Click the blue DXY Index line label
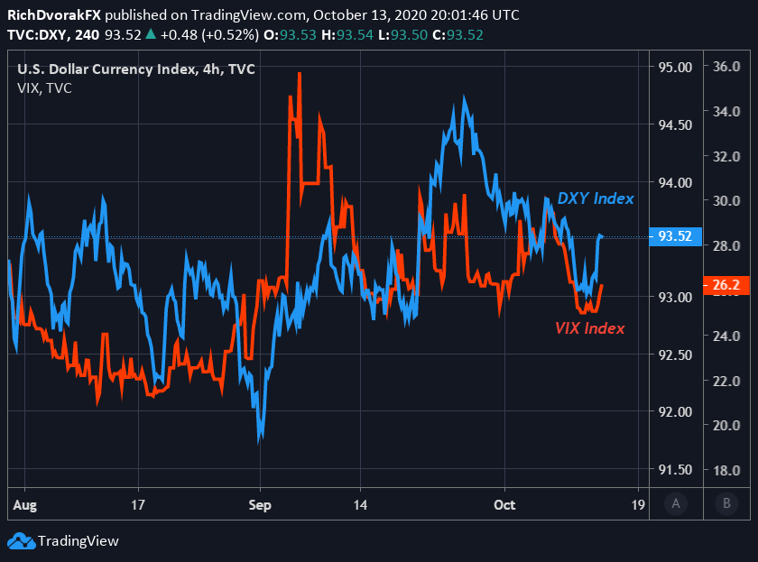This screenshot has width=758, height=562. (595, 198)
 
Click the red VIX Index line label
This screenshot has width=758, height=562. (589, 328)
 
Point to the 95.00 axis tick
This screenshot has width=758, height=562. (676, 67)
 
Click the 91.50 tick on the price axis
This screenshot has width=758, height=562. (676, 470)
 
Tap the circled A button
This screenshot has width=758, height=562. (676, 504)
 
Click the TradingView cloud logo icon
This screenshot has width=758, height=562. (20, 541)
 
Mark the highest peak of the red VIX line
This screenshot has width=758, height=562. (299, 74)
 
